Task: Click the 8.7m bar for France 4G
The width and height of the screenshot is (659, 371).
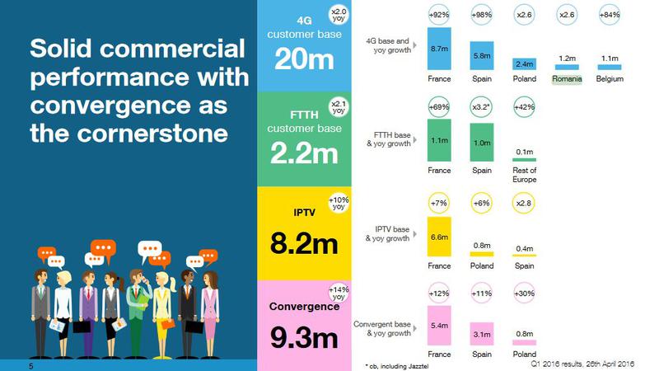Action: click(x=439, y=50)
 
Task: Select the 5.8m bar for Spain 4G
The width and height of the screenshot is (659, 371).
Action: click(x=482, y=55)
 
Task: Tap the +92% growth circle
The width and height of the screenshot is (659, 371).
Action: click(x=439, y=14)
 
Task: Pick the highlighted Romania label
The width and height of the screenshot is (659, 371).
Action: click(x=568, y=79)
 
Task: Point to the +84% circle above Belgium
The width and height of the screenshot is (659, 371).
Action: click(x=610, y=14)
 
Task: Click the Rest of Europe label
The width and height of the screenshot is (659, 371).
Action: click(x=524, y=176)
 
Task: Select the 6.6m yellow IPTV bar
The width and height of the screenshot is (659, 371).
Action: click(x=439, y=236)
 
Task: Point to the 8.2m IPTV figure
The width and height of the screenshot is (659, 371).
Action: click(x=302, y=245)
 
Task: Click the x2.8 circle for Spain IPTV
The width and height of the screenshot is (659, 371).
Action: click(x=525, y=204)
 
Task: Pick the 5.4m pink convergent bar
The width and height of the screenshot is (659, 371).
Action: click(x=439, y=325)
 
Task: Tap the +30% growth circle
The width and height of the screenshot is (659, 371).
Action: click(x=525, y=294)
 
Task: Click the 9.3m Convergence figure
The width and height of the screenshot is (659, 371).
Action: click(x=302, y=337)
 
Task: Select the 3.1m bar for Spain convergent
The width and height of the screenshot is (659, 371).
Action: click(x=482, y=333)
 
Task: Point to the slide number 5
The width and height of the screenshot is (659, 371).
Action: click(x=30, y=364)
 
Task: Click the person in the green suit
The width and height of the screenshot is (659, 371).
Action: click(x=138, y=305)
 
